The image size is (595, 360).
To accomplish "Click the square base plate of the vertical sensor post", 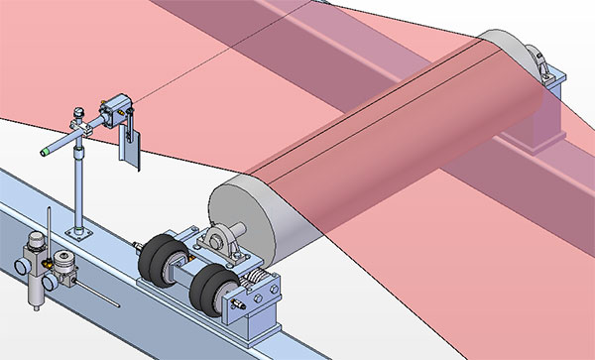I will tap(77, 233).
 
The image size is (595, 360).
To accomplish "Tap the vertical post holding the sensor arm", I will tap(76, 188).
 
